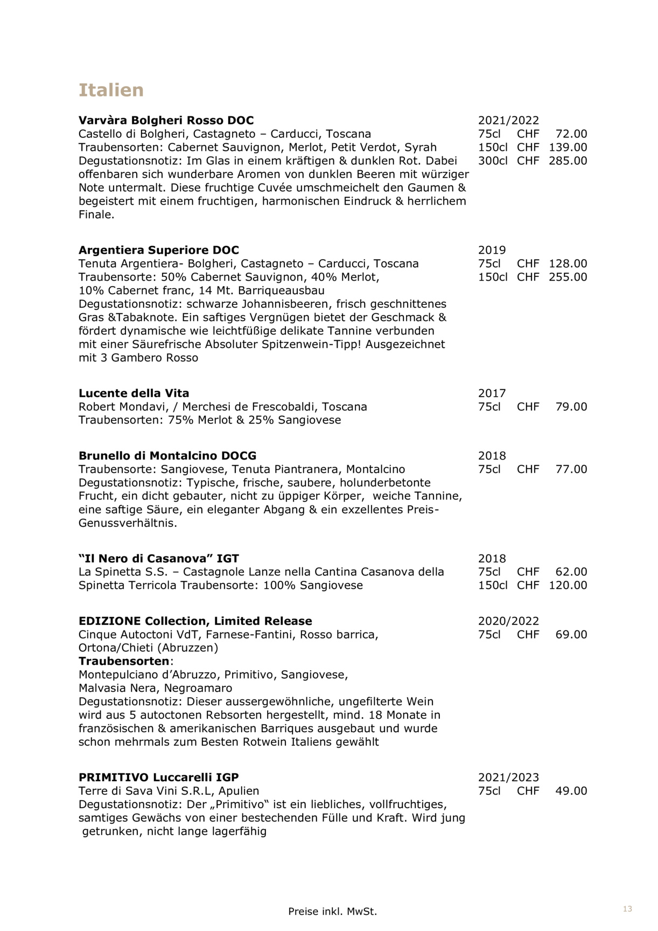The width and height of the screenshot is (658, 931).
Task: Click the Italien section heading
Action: tap(111, 90)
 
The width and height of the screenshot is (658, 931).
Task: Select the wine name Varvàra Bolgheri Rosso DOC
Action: tap(166, 120)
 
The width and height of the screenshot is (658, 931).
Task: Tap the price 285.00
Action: tap(568, 161)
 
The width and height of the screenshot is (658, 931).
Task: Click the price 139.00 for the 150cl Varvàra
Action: tap(568, 147)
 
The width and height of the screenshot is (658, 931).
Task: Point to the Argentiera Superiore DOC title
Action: tap(158, 250)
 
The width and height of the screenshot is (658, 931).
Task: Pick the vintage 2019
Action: tap(492, 250)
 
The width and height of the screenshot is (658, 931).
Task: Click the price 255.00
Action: tap(568, 277)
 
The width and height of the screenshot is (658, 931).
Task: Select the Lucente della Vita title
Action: tap(134, 393)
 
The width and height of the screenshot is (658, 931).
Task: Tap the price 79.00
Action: tap(571, 407)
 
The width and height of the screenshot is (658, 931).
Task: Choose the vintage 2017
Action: tap(492, 393)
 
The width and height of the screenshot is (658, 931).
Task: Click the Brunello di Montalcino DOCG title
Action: tap(167, 456)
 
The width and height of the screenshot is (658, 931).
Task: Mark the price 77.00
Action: tap(571, 469)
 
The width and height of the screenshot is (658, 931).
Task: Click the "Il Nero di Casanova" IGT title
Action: tap(158, 559)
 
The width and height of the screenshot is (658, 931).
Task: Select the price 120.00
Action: tap(568, 586)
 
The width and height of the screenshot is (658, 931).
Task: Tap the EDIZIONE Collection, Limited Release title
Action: tap(195, 621)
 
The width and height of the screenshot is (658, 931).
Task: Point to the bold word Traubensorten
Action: tap(124, 661)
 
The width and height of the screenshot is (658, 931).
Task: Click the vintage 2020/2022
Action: tap(508, 621)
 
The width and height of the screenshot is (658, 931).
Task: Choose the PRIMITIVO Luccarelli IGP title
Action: tap(158, 777)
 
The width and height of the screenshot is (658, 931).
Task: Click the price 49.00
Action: tap(571, 791)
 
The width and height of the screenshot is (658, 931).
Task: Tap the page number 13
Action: tap(627, 909)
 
